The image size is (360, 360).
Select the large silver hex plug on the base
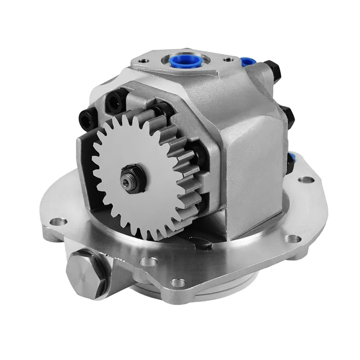[x=85, y=273]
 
